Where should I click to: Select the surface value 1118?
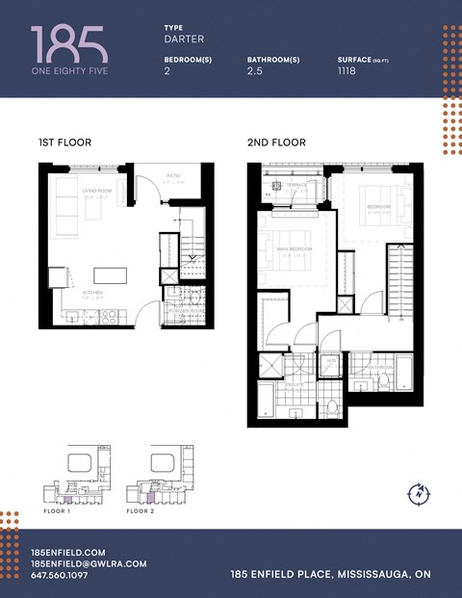point(346,70)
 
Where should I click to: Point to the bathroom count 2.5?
point(255,70)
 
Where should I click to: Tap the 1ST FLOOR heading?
point(64,143)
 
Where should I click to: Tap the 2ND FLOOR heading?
point(276,143)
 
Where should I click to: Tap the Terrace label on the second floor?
point(296,184)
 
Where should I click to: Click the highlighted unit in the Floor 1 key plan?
point(66,500)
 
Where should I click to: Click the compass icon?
point(420,492)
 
